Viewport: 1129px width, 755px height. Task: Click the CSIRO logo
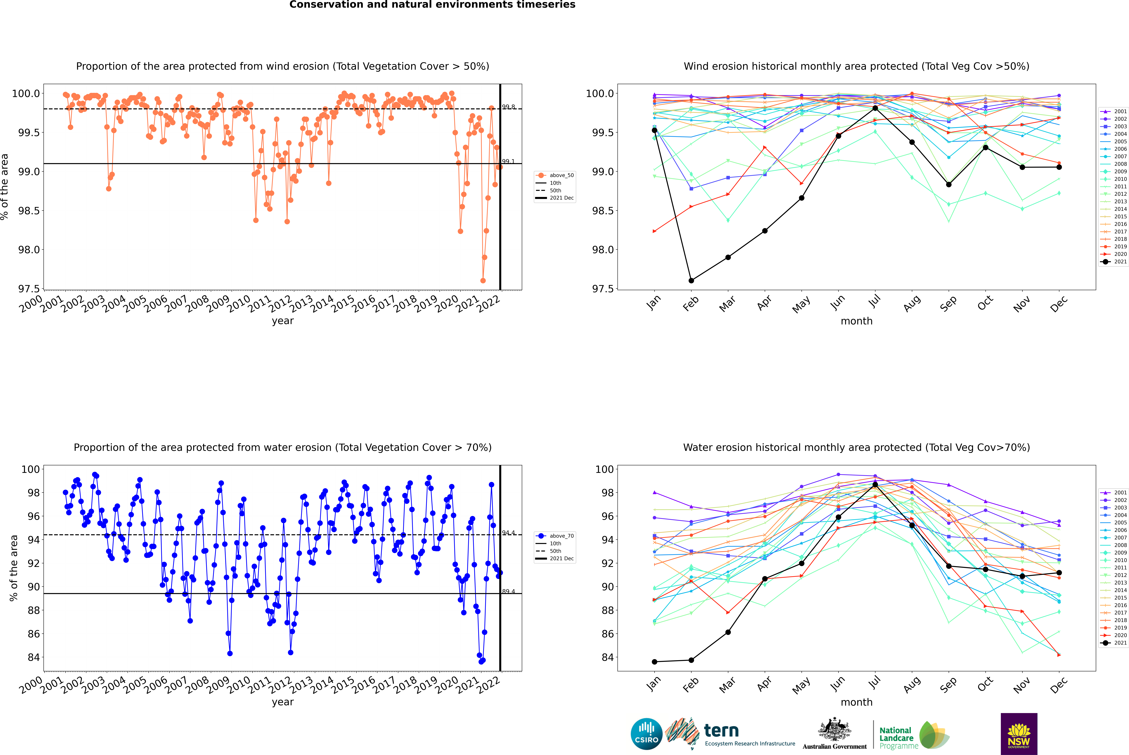646,734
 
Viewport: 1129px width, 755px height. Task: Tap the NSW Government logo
1019,734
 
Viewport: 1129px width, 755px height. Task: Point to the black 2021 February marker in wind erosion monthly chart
691,280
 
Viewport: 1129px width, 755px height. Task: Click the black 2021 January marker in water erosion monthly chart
654,662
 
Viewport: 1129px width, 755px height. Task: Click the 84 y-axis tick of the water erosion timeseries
34,657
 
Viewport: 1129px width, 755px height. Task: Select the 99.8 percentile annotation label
508,107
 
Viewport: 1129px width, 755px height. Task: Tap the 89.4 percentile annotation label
508,591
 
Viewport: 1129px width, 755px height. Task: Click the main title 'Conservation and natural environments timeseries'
432,5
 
